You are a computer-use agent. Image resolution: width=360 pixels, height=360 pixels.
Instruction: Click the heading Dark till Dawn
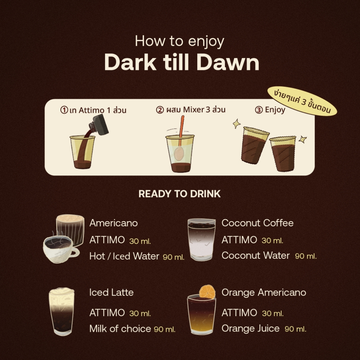pos(182,62)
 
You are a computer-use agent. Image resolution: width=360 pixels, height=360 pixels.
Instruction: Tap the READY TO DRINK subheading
pos(180,194)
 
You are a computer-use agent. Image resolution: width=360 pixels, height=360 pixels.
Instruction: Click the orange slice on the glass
pos(207,291)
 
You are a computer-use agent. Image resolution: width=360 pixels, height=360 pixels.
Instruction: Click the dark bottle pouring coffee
pos(99,125)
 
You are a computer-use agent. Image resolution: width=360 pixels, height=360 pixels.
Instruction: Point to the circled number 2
pos(160,110)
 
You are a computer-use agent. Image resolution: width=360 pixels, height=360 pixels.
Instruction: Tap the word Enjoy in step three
pos(275,110)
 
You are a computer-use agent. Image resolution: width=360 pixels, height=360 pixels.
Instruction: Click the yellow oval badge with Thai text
pos(302,101)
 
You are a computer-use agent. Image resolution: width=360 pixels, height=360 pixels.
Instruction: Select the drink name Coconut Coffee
pos(257,223)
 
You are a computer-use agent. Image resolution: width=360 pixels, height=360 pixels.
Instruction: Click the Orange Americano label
pos(264,292)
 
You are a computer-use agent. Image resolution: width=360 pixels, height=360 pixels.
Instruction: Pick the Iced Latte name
pos(111,292)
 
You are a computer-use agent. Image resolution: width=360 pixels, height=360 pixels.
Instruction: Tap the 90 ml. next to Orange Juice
pos(295,329)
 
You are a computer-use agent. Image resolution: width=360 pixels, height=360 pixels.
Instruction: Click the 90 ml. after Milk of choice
pos(165,329)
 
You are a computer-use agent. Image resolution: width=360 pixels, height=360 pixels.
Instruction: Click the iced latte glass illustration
pos(62,311)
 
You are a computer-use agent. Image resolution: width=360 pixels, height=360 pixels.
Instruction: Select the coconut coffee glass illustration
pos(201,239)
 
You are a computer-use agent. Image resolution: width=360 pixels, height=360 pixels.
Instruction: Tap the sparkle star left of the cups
pos(237,124)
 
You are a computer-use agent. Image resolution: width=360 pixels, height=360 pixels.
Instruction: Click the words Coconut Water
pos(256,255)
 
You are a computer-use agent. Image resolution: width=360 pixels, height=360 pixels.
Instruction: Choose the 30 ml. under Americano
pos(140,241)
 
